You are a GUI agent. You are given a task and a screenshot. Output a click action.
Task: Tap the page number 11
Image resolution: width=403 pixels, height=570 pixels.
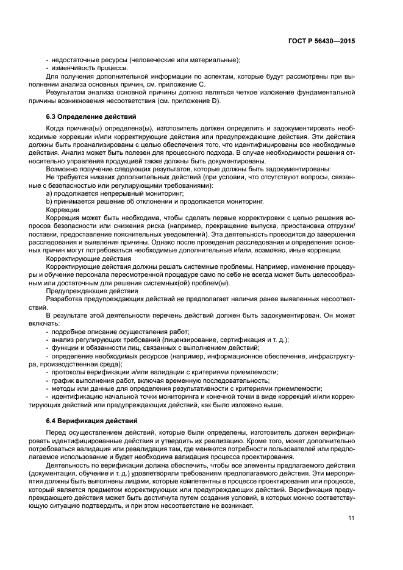[x=351, y=518]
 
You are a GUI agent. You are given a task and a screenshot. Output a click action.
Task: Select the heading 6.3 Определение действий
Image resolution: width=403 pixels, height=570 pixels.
[x=91, y=116]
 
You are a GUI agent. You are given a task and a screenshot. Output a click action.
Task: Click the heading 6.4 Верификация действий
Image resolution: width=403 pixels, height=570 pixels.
[x=87, y=421]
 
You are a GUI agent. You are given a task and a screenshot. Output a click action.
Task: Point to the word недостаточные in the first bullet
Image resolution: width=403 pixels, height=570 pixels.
[x=73, y=60]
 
